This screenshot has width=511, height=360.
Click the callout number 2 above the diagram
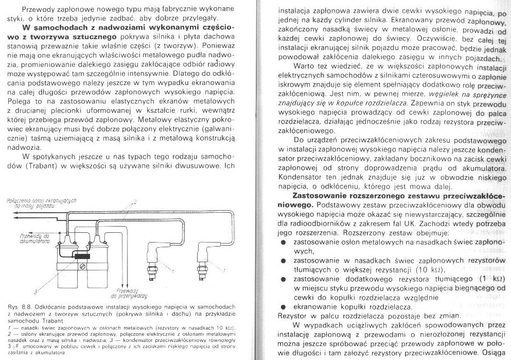point(135,200)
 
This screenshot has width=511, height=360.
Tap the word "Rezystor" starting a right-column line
point(292,315)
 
